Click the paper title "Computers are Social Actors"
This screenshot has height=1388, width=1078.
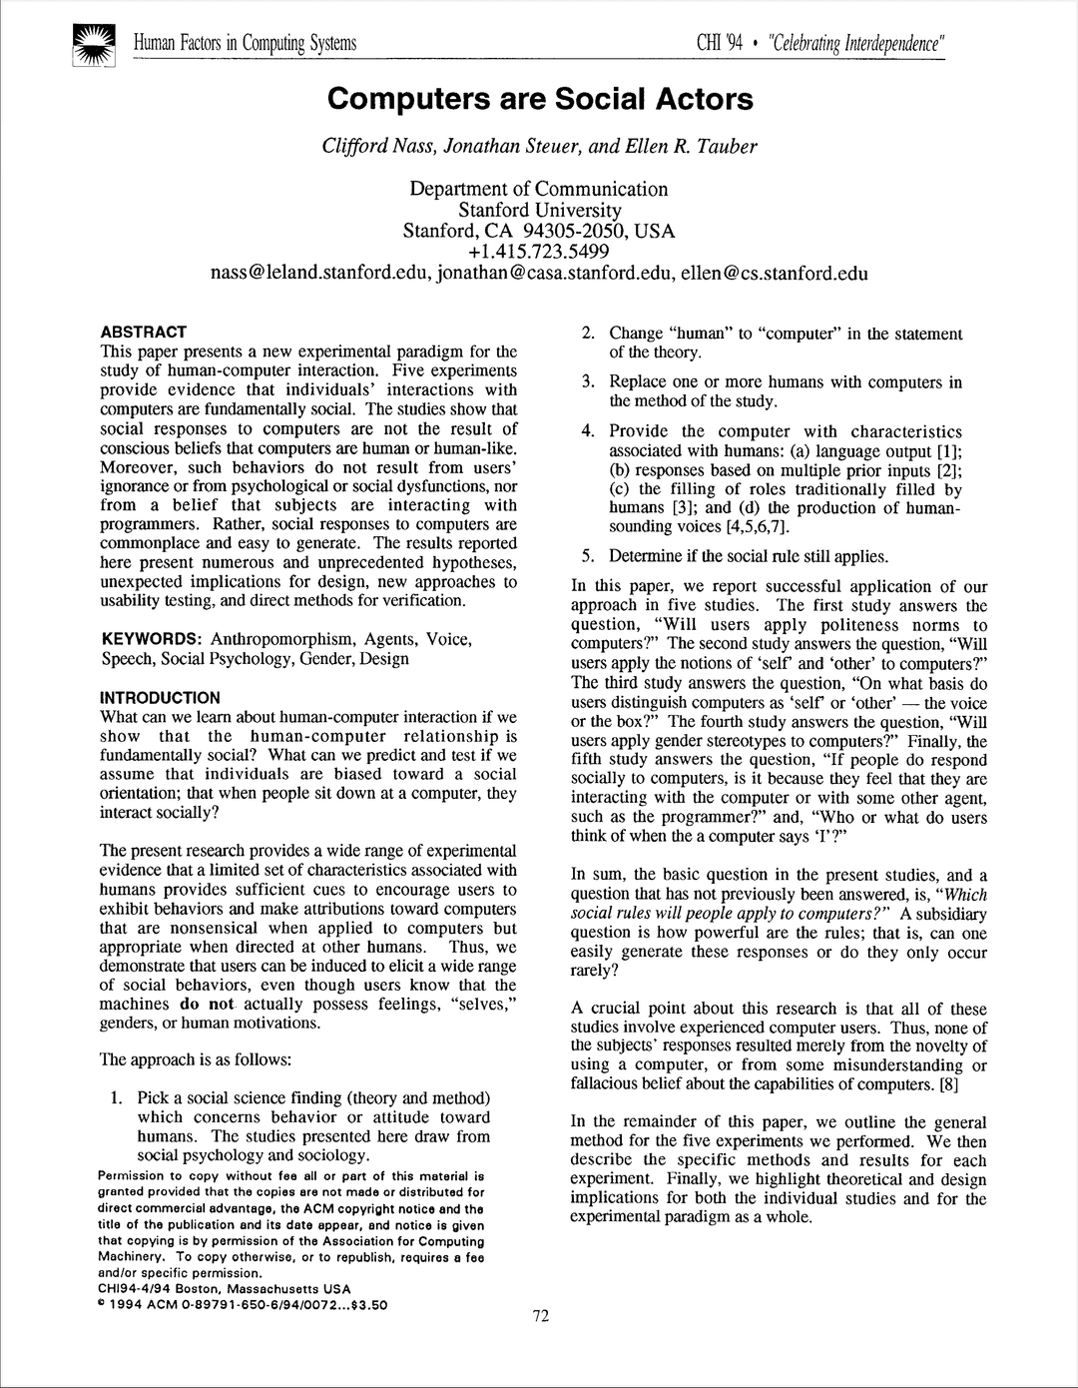tap(539, 100)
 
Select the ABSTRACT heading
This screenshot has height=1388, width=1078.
tap(144, 332)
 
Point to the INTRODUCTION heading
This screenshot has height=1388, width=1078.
tap(161, 698)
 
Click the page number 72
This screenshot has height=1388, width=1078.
tap(540, 1315)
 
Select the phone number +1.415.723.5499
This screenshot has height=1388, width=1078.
tap(539, 252)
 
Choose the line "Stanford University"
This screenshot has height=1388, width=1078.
tap(539, 210)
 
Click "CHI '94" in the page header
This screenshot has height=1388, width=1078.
tap(719, 44)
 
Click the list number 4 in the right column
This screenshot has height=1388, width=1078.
tap(588, 431)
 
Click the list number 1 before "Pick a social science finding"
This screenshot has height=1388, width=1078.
tap(117, 1098)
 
